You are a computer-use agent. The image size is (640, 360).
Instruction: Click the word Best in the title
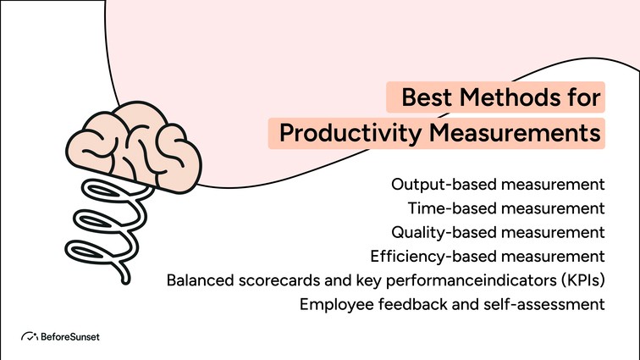point(427,97)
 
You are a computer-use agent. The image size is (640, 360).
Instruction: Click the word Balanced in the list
point(199,280)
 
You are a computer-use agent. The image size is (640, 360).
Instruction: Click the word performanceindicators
point(465,280)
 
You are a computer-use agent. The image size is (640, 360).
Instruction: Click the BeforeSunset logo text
point(80,336)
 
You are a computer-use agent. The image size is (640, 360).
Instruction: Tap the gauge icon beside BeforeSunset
point(28,336)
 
